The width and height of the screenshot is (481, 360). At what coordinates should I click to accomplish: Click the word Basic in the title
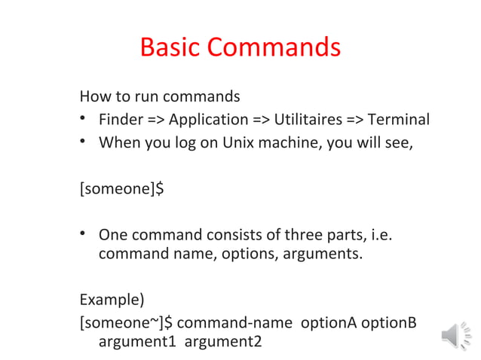click(x=170, y=47)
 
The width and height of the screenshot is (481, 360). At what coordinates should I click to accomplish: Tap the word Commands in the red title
click(x=274, y=47)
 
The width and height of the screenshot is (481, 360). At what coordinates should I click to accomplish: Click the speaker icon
click(x=455, y=334)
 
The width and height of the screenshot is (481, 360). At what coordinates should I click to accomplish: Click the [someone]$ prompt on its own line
click(x=121, y=188)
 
